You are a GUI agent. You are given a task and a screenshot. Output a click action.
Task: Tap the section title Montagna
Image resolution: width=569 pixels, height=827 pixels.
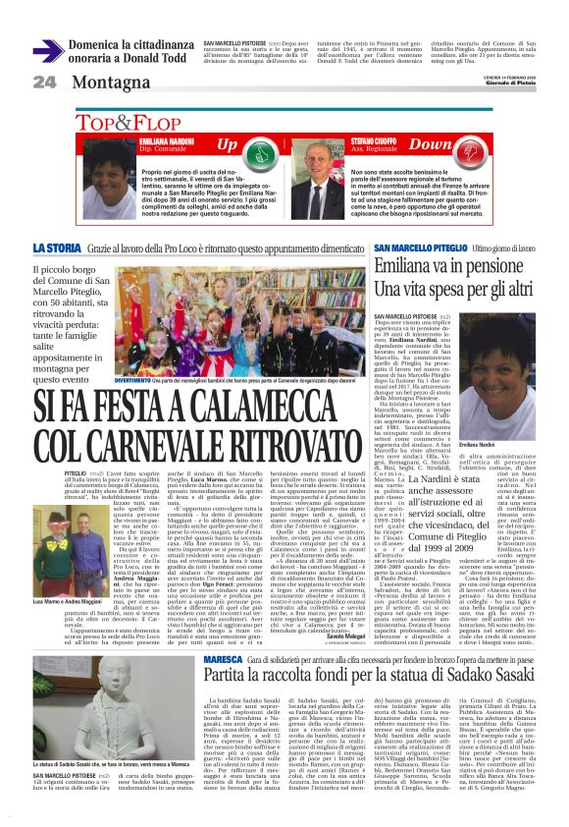click(109, 82)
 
